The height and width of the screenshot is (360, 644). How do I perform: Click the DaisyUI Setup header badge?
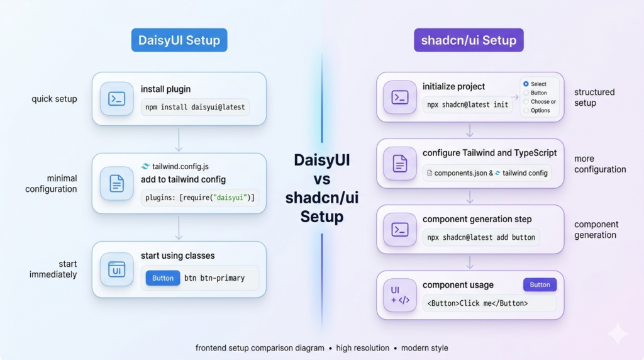179,40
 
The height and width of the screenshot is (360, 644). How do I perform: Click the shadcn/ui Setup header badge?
469,40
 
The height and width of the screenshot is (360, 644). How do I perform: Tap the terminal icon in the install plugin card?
116,98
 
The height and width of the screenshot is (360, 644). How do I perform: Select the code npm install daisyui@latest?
195,107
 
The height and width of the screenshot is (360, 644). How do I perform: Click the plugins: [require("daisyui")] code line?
199,198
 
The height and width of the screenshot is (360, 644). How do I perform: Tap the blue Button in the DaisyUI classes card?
163,278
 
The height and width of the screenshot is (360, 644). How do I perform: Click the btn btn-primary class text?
214,278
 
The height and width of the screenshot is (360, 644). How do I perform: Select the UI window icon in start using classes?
116,269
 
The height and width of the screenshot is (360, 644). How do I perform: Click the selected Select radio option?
526,84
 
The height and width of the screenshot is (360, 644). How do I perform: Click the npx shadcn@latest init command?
467,104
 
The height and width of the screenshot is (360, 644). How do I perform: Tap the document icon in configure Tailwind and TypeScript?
400,164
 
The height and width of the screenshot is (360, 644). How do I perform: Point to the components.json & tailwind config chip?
487,173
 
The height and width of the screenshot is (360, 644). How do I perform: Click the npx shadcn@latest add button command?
481,237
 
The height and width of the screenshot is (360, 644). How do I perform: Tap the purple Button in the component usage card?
540,284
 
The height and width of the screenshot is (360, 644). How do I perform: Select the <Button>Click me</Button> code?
477,303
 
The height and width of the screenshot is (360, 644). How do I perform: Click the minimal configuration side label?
51,184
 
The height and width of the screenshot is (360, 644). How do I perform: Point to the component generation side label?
596,230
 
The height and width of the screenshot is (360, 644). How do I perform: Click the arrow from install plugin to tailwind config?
179,139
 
